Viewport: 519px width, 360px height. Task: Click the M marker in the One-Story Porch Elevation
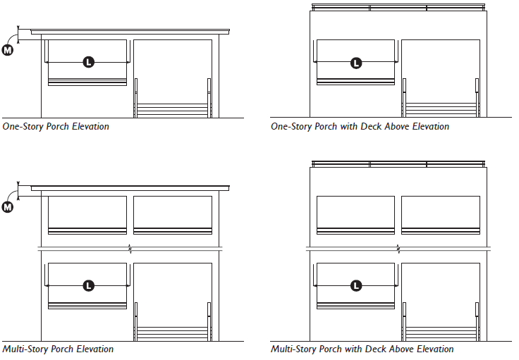[x=7, y=51]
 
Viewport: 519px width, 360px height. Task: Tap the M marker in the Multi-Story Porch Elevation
[x=7, y=206]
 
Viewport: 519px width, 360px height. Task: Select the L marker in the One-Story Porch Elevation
[x=88, y=63]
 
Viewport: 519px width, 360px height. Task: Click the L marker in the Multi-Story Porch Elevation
[x=88, y=285]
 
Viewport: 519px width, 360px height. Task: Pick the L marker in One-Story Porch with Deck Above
[x=356, y=63]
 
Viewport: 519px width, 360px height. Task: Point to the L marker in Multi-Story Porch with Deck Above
[x=356, y=285]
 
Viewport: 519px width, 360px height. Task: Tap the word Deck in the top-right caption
[x=372, y=127]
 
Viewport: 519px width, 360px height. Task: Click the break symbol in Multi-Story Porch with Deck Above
[x=398, y=249]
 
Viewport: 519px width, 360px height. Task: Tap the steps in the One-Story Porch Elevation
[x=173, y=111]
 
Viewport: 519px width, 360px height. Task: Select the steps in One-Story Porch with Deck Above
[x=441, y=111]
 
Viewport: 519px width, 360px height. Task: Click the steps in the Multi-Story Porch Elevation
[x=173, y=333]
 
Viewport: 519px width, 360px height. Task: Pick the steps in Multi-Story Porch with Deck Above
[x=441, y=333]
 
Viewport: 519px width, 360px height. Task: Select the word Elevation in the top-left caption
[x=92, y=127]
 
